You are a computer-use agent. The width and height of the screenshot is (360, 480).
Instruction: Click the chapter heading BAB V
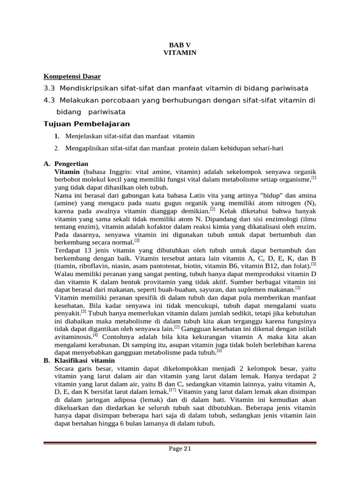click(180, 45)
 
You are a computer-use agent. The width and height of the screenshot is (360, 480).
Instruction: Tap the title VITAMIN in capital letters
click(180, 53)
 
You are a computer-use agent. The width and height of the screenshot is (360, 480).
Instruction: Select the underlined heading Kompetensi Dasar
click(72, 76)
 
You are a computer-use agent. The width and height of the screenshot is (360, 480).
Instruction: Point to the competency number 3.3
click(49, 89)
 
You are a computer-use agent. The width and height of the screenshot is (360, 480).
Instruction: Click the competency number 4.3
click(49, 101)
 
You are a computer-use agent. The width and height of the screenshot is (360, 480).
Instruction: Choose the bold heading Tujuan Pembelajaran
click(86, 124)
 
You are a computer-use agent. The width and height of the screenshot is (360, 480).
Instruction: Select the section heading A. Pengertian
click(66, 164)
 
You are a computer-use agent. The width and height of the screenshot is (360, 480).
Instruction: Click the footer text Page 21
click(180, 449)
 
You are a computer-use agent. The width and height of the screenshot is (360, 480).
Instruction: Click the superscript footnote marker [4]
click(95, 335)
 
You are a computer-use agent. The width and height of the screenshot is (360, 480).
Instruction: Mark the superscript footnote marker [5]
click(219, 350)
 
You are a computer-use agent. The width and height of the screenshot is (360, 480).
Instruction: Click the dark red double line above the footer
click(180, 442)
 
